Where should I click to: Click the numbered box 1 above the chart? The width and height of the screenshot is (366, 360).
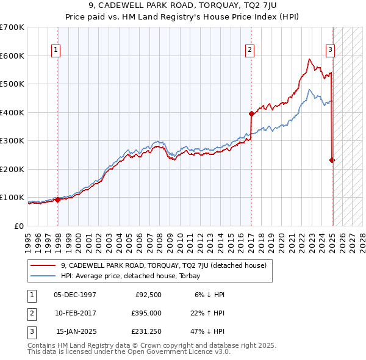point(56,50)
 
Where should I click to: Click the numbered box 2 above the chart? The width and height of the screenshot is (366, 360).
point(250,50)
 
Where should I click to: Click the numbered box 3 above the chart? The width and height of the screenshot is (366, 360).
point(330,50)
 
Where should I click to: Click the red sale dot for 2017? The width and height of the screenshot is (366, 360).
point(251,113)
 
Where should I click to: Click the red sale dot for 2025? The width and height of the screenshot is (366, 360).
point(332,160)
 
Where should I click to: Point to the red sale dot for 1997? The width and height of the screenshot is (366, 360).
point(57,200)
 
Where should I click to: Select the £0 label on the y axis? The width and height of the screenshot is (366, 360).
point(19,226)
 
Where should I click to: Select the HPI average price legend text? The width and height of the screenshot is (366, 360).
point(135,276)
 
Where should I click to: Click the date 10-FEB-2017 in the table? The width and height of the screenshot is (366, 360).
point(75,313)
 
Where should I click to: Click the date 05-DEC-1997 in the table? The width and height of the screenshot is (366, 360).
point(75,295)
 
